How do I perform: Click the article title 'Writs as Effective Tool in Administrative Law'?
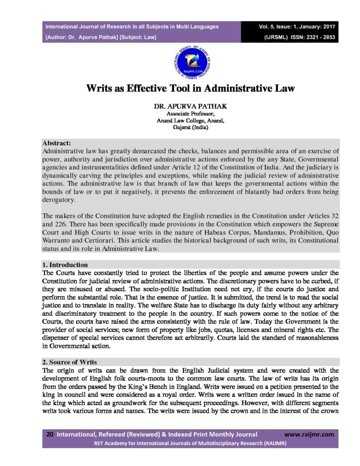click(190, 88)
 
